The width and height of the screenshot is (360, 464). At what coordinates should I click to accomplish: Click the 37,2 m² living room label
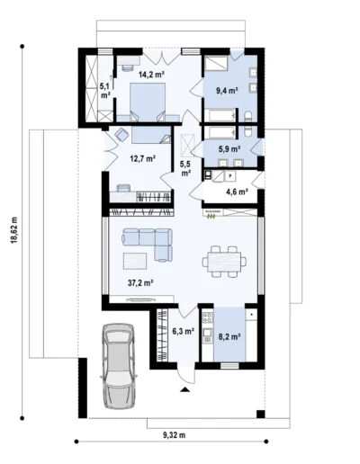[x=141, y=282]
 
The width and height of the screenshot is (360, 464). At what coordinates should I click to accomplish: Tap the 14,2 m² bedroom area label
[x=151, y=74]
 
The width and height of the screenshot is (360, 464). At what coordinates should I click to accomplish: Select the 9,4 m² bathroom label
[x=228, y=91]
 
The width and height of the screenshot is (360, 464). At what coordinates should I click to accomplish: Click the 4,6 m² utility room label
[x=237, y=192]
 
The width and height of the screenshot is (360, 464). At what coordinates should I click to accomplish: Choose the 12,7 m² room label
[x=142, y=158]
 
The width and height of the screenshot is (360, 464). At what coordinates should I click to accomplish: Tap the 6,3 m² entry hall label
[x=184, y=331]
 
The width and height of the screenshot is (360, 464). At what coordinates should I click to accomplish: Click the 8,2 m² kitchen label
[x=230, y=337]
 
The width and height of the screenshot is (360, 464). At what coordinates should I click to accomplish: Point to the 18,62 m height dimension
[x=14, y=230]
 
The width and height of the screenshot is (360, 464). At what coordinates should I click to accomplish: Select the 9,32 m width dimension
[x=175, y=435]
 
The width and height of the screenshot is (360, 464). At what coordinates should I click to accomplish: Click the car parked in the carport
[x=118, y=365]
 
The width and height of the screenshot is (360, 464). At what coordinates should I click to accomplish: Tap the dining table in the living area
[x=224, y=262]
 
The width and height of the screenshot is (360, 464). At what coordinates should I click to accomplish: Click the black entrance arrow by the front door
[x=185, y=389]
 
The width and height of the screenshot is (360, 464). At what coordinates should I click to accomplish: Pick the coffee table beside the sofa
[x=135, y=261]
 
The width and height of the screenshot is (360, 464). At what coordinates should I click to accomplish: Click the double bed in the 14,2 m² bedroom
[x=148, y=102]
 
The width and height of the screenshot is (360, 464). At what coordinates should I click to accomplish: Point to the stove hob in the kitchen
[x=207, y=317]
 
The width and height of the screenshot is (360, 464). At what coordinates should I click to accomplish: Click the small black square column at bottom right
[x=260, y=414]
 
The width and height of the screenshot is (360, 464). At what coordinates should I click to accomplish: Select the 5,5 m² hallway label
[x=185, y=168]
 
